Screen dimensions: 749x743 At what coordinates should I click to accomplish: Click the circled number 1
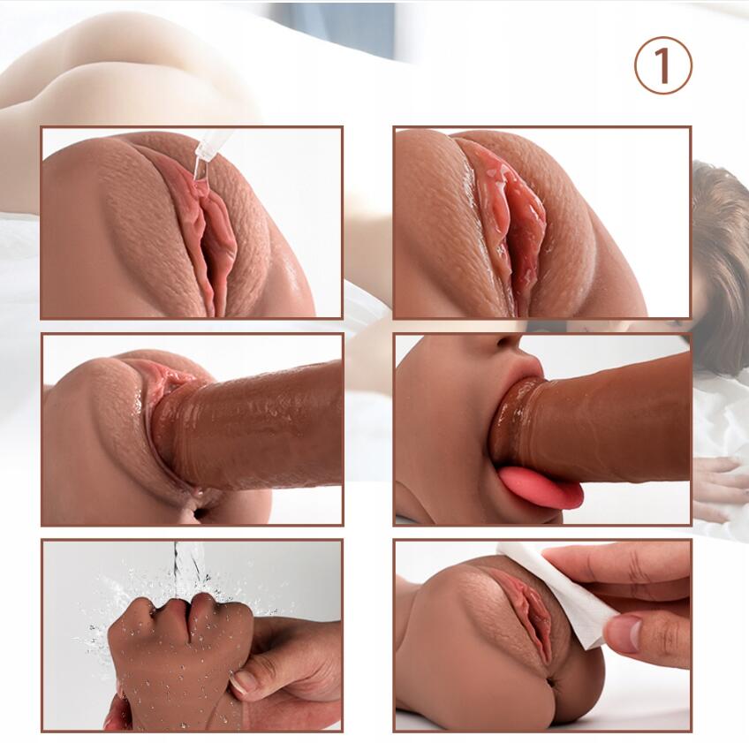[x=663, y=65]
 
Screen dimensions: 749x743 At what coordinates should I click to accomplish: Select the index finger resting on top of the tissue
[x=617, y=563]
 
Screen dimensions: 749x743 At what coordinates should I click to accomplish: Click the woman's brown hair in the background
[x=721, y=248]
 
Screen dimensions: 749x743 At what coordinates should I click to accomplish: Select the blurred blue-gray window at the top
[x=335, y=28]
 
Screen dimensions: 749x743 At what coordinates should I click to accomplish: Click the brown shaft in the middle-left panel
[x=248, y=430]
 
